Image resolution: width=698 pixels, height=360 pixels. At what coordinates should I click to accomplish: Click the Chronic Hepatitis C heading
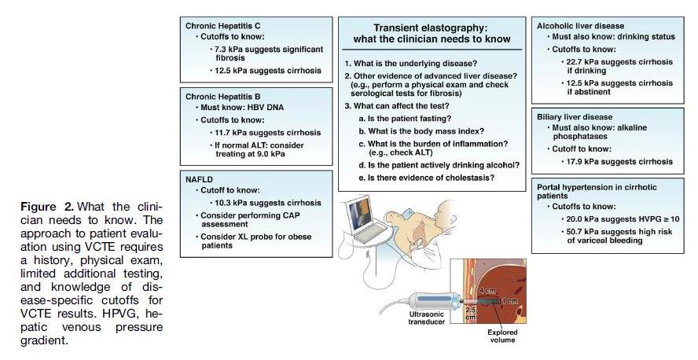(223, 25)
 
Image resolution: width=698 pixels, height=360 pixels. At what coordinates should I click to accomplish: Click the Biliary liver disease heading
(574, 116)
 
